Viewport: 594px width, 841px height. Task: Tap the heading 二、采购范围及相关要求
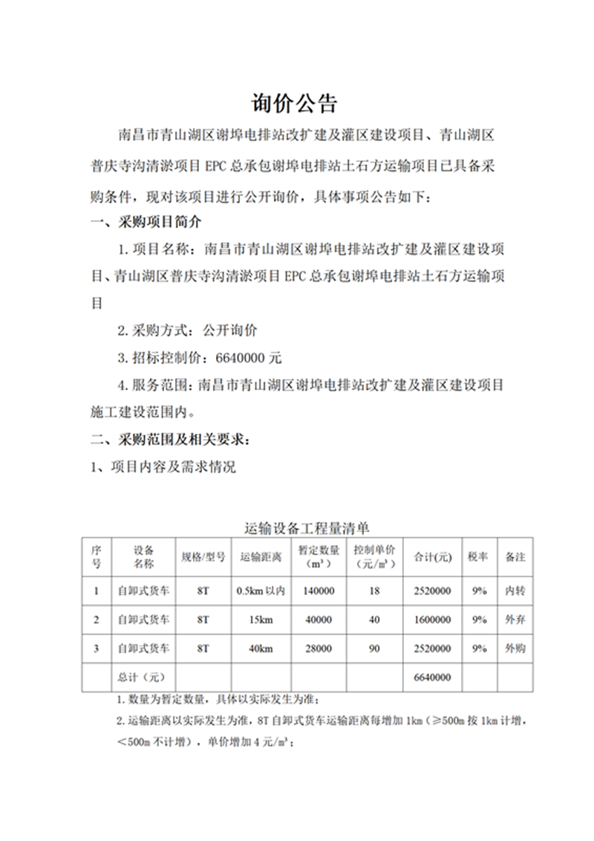tap(170, 440)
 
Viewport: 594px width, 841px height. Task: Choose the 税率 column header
tap(477, 556)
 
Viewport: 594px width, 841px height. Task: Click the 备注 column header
tap(515, 556)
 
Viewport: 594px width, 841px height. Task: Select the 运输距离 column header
tap(261, 556)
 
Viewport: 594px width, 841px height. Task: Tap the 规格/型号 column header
tap(203, 556)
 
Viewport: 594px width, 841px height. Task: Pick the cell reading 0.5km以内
tap(261, 591)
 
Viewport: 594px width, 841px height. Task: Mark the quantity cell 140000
tap(319, 591)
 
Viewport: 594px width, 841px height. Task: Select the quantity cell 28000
tap(319, 649)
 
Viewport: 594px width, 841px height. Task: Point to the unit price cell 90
tap(374, 649)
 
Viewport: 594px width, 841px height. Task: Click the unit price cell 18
tap(374, 591)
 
